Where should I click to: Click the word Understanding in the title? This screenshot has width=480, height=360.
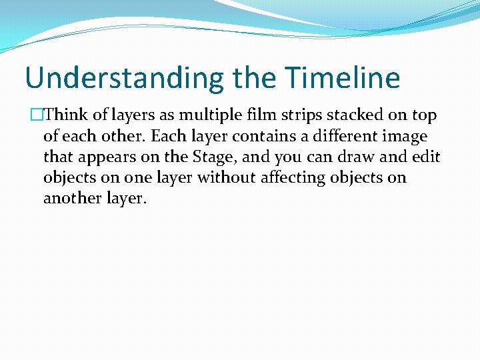coord(124,78)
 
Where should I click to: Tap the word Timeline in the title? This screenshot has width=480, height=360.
coord(343,78)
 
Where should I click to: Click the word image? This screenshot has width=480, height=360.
coord(405,137)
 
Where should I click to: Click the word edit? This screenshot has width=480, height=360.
coord(427,157)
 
